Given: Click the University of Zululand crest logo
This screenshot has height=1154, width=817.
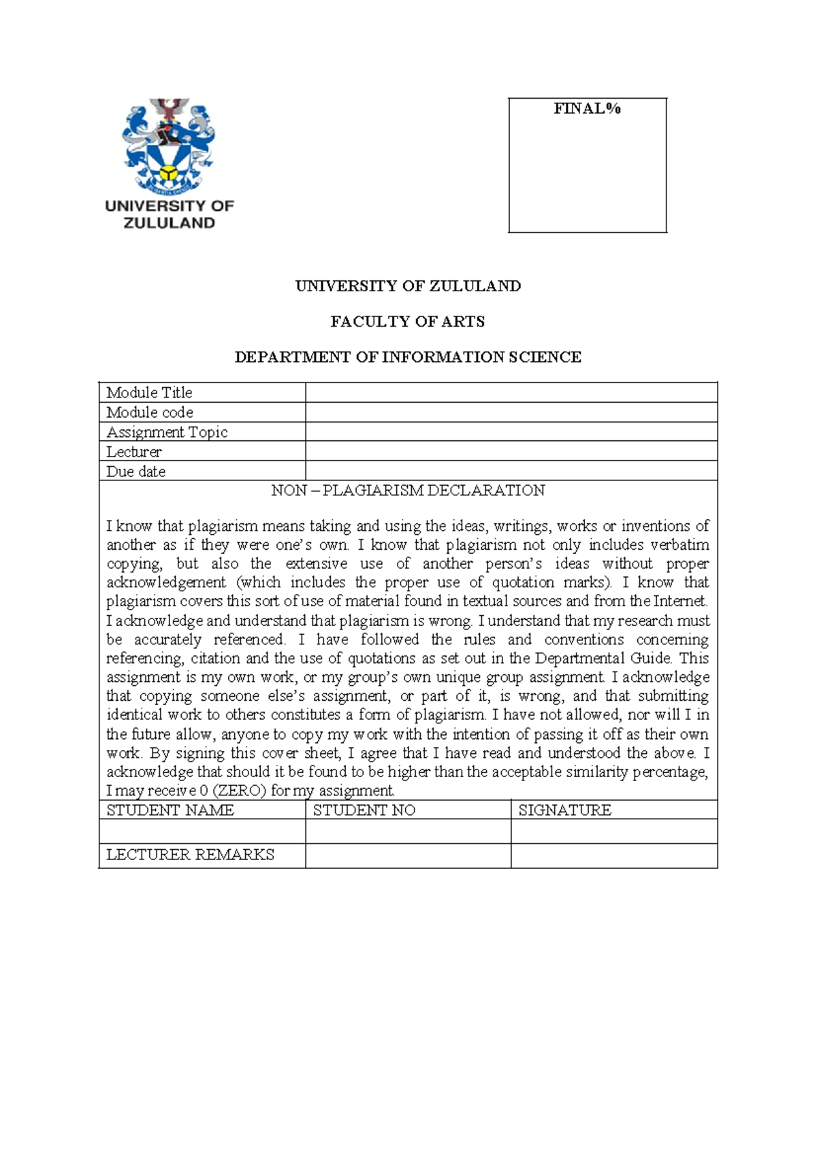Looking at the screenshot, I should coord(168,146).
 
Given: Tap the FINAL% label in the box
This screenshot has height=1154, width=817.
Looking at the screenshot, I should coord(587,109).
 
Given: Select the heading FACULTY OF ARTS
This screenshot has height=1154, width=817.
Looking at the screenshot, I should coord(408,322).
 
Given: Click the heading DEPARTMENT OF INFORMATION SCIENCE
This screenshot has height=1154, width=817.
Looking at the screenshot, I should coord(408,357).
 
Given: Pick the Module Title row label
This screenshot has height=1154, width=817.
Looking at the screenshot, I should coord(149,393).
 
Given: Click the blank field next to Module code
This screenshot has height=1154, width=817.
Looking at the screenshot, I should coord(511,412).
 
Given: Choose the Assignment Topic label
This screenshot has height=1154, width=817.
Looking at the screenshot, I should coord(167,432).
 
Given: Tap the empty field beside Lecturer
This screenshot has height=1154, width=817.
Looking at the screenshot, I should coord(511,451).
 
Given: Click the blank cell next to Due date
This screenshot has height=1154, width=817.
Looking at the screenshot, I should coord(511,471).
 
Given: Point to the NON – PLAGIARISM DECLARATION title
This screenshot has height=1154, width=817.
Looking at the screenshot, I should coord(408,491).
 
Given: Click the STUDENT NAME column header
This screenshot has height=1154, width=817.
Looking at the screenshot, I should coord(170,810).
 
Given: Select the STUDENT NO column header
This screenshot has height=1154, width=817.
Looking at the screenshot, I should coord(364,810).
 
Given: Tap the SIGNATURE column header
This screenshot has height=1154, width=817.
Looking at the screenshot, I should coord(565,810).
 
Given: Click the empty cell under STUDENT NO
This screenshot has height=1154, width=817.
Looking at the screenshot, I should coord(408,831).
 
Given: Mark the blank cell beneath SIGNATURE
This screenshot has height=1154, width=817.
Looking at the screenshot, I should coord(614,831).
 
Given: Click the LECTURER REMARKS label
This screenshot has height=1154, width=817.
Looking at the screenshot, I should coord(190,855).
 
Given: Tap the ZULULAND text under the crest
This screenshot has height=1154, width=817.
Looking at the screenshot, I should coord(169,223).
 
